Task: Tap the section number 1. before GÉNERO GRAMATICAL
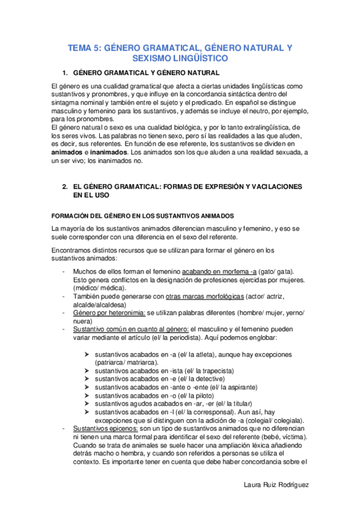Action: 66,73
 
